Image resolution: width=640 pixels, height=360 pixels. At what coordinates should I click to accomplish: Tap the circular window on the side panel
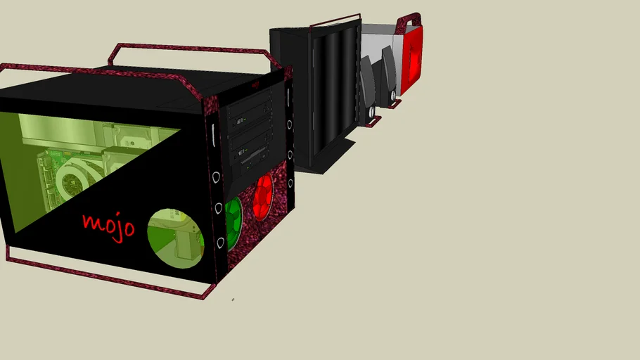tap(173, 236)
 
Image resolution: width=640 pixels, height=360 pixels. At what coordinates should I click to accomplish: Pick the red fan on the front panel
tap(264, 196)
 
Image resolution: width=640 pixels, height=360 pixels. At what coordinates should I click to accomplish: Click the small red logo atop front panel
tap(255, 86)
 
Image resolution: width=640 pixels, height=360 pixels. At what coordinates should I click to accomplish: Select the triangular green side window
tap(70, 162)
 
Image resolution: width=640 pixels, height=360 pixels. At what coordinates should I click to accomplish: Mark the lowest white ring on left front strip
tap(219, 243)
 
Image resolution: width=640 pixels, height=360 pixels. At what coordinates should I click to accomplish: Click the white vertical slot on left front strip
tap(213, 132)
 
